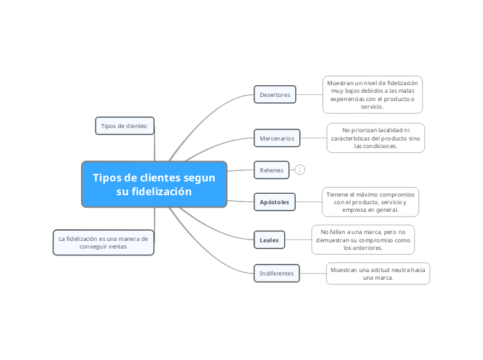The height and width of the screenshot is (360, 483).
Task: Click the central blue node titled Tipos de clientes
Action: click(154, 184)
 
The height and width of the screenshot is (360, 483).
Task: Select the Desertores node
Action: click(275, 94)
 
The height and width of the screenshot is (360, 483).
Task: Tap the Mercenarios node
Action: click(276, 138)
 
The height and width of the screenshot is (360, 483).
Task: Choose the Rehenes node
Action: click(271, 170)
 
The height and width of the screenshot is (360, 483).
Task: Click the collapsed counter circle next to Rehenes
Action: click(300, 170)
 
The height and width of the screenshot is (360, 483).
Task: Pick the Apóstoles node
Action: click(274, 201)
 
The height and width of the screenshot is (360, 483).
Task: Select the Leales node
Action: click(269, 240)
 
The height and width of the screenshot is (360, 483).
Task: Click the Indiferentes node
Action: click(276, 273)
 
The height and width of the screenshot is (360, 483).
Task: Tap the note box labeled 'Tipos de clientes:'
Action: click(125, 125)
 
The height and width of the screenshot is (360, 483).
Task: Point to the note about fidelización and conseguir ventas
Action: click(103, 242)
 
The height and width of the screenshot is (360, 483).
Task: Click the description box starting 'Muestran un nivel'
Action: click(372, 94)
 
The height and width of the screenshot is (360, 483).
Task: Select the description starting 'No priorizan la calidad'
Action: click(376, 138)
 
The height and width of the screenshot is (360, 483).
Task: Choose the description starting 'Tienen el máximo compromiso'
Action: click(371, 201)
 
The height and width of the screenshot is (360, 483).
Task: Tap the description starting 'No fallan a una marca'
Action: click(363, 239)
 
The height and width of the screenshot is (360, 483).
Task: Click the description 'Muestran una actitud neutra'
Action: click(378, 273)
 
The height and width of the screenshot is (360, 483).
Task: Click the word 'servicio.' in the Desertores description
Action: click(372, 107)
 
